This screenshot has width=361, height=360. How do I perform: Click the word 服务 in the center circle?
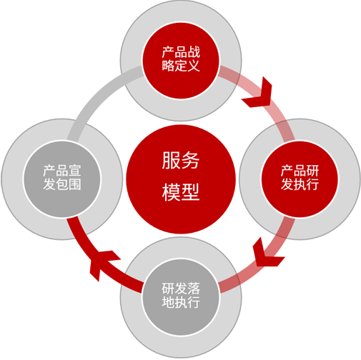181,160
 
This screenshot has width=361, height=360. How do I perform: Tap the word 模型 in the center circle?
181,192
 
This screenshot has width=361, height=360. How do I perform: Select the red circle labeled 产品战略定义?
181,61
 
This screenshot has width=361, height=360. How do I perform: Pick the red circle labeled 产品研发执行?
300,179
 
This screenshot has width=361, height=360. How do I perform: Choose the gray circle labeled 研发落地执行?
181,297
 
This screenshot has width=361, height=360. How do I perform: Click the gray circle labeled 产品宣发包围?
62,179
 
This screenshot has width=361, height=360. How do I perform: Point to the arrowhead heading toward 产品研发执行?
259,93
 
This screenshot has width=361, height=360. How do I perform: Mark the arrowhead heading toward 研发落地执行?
268,254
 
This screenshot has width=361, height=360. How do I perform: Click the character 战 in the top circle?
194,52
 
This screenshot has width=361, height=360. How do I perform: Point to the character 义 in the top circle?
194,66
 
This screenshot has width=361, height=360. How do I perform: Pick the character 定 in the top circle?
181,66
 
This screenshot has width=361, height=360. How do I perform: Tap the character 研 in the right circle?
312,171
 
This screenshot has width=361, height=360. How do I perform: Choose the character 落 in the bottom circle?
194,289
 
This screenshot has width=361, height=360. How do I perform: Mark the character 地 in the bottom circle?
168,302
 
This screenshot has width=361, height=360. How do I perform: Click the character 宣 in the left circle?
75,171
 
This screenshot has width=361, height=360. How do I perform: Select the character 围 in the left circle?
75,184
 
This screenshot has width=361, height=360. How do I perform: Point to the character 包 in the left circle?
62,184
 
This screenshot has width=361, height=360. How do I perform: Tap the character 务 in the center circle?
190,160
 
